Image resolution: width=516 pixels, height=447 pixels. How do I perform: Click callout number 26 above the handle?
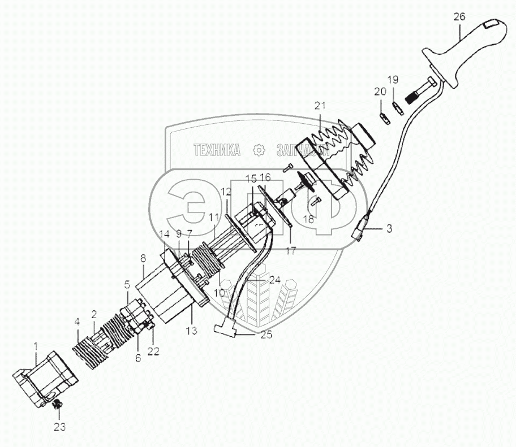(x=459, y=17)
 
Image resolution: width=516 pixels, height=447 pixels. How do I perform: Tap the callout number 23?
(x=59, y=427)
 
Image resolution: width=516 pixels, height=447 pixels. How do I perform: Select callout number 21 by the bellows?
(x=321, y=105)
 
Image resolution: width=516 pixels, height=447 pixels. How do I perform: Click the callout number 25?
(x=266, y=335)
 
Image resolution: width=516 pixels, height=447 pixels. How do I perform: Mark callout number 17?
(x=290, y=251)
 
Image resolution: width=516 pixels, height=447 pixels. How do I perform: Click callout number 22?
(x=153, y=350)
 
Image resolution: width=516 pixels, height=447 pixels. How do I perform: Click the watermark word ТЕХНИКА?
(x=217, y=150)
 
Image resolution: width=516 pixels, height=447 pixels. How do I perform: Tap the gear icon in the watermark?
(x=259, y=150)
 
